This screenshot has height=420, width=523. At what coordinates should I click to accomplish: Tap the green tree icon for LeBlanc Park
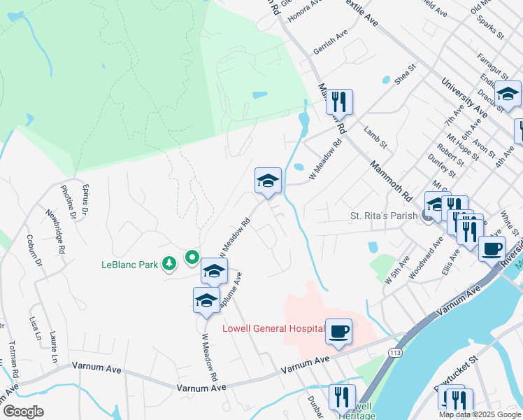coord(169,264)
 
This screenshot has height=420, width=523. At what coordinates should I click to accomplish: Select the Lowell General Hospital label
coord(273,328)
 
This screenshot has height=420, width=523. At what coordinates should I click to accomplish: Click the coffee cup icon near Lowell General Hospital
coord(339,332)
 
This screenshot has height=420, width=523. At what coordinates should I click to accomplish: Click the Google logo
coord(23,412)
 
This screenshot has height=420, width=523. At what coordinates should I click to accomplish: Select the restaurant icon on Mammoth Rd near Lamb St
coord(339,102)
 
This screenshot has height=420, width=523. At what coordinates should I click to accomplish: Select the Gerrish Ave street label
coord(331,42)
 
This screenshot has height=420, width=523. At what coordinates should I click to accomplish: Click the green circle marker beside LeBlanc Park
coord(192,258)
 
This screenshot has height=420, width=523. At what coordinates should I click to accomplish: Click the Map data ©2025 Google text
coord(479,414)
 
